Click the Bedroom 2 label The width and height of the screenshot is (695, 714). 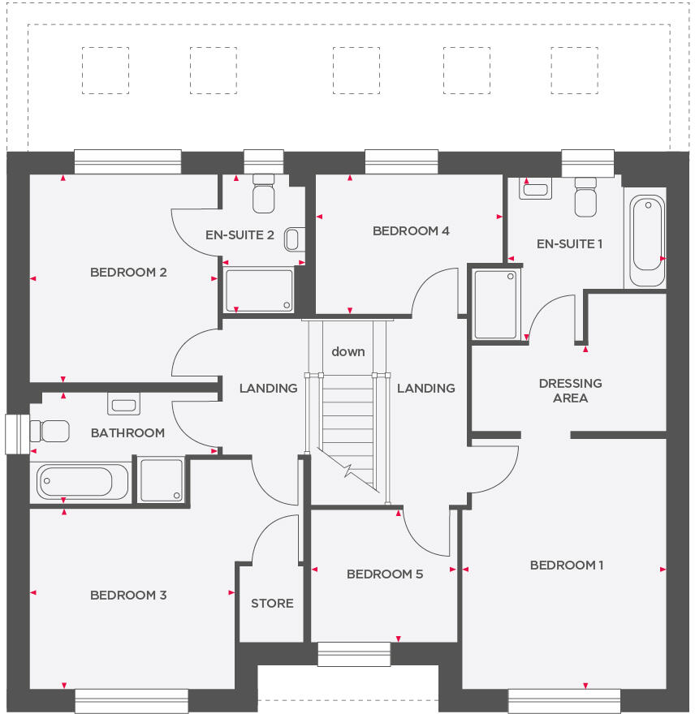point(128,273)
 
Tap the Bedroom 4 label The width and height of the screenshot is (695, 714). point(411,231)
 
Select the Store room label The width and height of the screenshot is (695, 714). point(272,604)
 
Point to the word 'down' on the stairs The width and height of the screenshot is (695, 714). point(347,352)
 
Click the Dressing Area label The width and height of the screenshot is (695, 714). point(570,390)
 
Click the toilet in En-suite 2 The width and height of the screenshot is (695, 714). point(264,196)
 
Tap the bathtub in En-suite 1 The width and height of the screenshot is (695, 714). point(647,234)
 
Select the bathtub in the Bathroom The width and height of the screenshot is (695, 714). point(75,482)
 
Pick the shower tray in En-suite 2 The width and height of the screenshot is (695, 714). point(259,290)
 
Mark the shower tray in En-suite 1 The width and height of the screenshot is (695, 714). point(495,304)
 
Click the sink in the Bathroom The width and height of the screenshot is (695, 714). point(123,403)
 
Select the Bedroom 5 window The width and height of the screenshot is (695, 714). point(353,654)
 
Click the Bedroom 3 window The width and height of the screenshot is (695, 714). point(132,701)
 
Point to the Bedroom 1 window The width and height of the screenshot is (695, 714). point(564,701)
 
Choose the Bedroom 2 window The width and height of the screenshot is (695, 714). point(127,161)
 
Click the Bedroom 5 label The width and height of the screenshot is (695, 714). point(384,574)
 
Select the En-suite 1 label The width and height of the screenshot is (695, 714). point(569,243)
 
